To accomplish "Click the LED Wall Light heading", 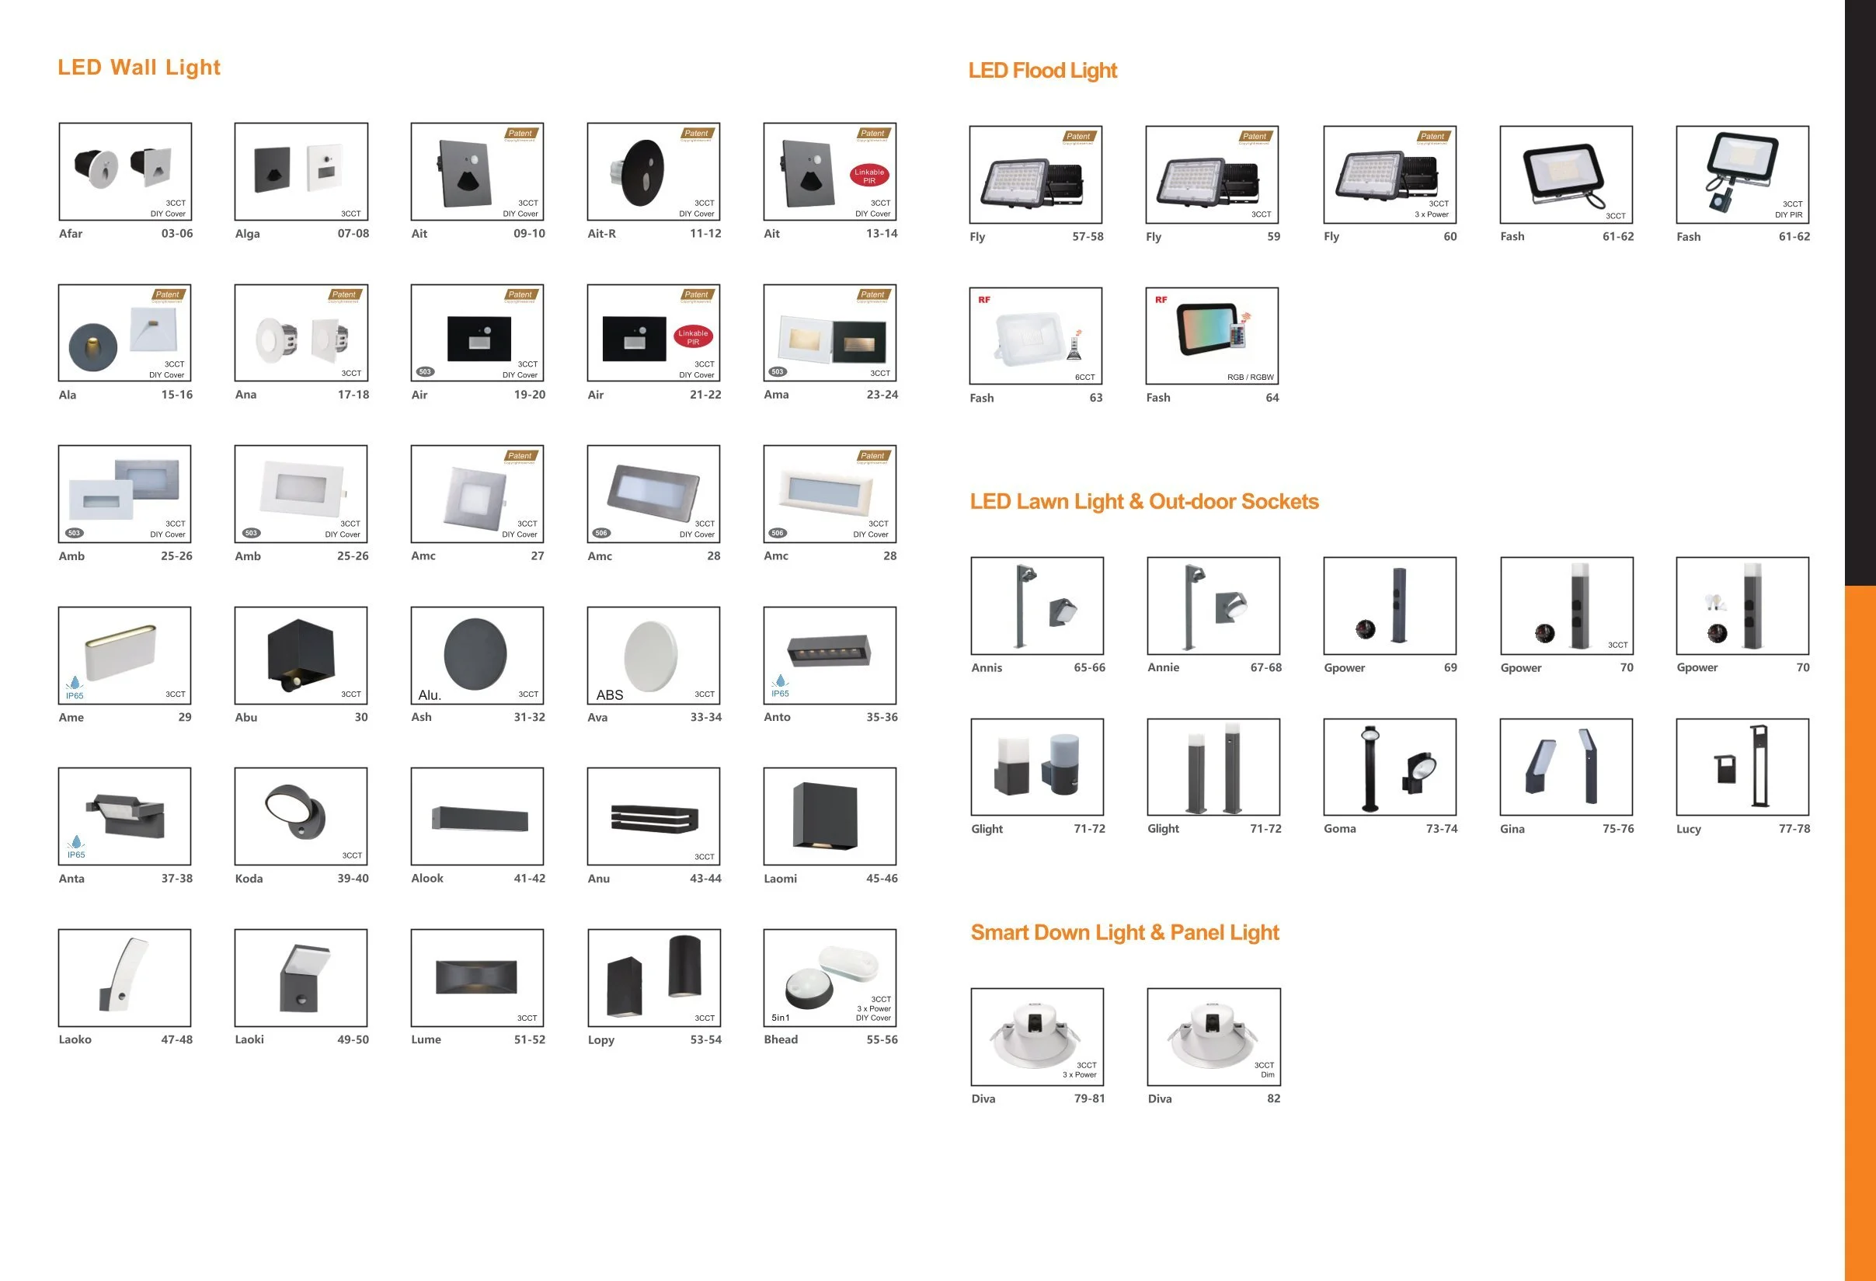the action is point(138,68).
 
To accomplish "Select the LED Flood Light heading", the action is point(1042,71).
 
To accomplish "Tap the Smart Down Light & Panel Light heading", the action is point(1125,933).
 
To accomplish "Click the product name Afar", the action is point(70,234).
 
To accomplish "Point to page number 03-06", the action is point(177,234).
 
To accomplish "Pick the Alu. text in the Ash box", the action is point(430,695).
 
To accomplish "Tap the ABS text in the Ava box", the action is point(610,695).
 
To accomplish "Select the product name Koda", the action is point(249,879).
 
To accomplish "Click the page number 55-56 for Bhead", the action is point(882,1039).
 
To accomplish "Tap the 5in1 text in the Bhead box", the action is point(781,1018).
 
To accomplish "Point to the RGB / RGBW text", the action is point(1250,378).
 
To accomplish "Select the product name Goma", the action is point(1339,829).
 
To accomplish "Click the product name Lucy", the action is point(1688,829).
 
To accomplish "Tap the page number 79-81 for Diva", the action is point(1089,1098).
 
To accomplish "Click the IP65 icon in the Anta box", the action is point(76,848).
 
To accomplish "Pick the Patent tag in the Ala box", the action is point(168,294).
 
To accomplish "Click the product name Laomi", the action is point(780,879).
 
